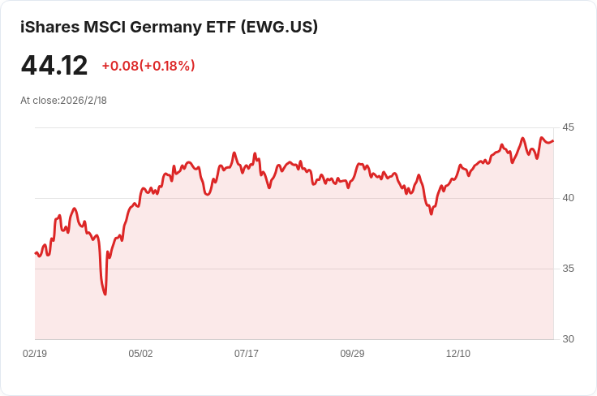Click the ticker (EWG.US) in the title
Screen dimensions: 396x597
280,27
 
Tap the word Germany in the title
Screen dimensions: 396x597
169,27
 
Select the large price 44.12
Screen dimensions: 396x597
54,65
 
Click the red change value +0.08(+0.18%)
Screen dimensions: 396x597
148,66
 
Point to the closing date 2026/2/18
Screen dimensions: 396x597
84,101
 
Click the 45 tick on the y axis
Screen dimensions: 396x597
568,127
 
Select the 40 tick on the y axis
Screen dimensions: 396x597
568,198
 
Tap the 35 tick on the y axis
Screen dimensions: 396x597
568,269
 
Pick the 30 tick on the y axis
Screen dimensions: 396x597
568,339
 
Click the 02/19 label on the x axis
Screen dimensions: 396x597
35,354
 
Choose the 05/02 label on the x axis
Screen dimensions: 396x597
140,354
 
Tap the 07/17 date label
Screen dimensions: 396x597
247,354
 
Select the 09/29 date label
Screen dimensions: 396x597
352,354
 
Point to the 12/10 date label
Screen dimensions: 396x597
458,354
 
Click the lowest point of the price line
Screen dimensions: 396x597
105,294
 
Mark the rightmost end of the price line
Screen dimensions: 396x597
553,140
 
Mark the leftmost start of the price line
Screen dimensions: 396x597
36,253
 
